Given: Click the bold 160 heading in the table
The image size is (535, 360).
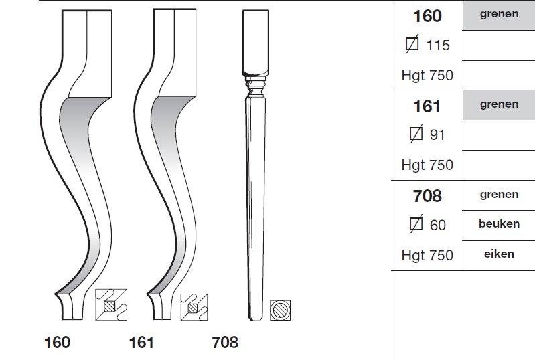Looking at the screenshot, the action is (427, 16).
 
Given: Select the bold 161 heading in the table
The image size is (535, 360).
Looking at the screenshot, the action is (427, 106).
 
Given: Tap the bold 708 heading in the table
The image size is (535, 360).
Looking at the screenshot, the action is (427, 196).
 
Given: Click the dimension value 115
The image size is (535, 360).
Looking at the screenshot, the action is (438, 46).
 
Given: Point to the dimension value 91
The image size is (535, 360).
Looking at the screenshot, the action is (437, 135).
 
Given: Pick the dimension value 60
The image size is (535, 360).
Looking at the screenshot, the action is (438, 226).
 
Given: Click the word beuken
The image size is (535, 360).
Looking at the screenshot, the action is (499, 223).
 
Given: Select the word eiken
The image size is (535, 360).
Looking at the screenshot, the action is (499, 254).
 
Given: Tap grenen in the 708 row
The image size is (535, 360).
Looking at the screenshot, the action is (499, 195).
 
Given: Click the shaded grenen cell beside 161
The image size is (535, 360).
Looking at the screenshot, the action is (499, 105).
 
